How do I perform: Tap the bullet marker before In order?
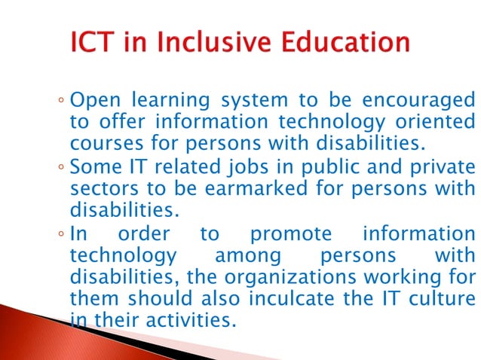(x=60, y=234)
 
